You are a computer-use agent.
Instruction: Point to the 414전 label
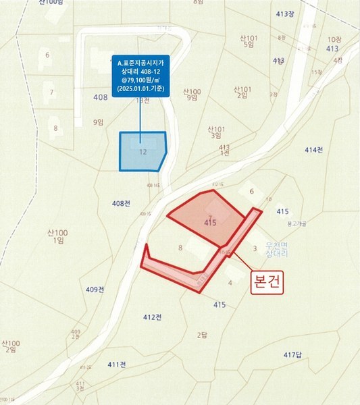pyautogui.click(x=314, y=149)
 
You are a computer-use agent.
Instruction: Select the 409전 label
pyautogui.click(x=95, y=290)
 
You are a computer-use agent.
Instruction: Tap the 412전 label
pyautogui.click(x=153, y=317)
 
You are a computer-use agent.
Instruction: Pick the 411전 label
pyautogui.click(x=117, y=364)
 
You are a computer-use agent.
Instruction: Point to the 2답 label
pyautogui.click(x=201, y=335)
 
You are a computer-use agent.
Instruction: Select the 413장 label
pyautogui.click(x=286, y=13)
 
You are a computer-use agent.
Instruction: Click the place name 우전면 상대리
pyautogui.click(x=277, y=248)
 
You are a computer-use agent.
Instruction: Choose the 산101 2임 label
pyautogui.click(x=242, y=92)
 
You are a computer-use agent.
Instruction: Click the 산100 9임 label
pyautogui.click(x=192, y=94)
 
